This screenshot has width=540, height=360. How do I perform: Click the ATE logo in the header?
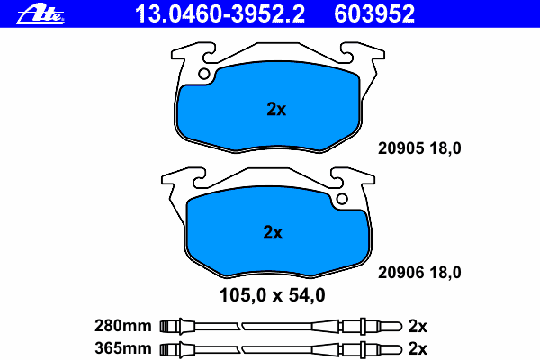pos(40,14)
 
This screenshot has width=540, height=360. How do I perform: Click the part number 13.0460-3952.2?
pos(220,14)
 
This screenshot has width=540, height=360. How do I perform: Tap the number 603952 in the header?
pos(374,14)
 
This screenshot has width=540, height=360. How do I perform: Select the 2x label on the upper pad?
pos(276,109)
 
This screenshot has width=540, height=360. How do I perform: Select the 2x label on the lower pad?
pos(273,232)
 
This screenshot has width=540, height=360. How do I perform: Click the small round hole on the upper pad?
pos(204,74)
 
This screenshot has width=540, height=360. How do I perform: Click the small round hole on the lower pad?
pos(342,199)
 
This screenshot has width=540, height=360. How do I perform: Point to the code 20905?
pos(400,148)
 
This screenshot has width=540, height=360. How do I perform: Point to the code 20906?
pos(400,273)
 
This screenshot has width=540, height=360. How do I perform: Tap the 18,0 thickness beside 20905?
pos(445,148)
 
